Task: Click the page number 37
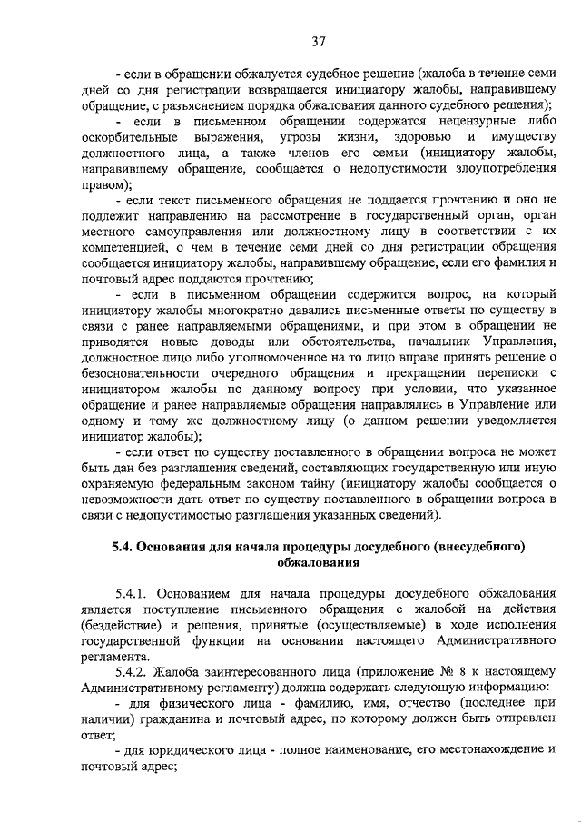tap(318, 41)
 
